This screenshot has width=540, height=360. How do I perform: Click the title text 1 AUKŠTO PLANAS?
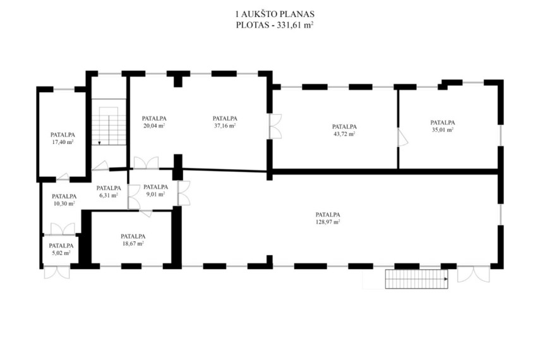point(275,14)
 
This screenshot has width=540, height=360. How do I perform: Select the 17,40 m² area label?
point(63,142)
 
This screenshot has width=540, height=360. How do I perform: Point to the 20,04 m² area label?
point(154,126)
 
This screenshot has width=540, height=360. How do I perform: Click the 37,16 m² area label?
point(225,126)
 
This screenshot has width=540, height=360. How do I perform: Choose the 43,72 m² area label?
point(344,134)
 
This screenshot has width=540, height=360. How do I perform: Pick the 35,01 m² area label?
point(443,130)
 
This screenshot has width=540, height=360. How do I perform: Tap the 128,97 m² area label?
point(328,222)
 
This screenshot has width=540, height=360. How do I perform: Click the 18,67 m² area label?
point(133,244)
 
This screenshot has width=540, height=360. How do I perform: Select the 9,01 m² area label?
point(155,194)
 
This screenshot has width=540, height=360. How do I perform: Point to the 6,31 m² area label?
point(109,195)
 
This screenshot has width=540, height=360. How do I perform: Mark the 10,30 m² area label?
point(64,203)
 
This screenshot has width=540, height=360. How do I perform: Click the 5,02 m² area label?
point(61,253)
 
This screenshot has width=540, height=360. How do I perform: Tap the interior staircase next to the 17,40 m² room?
point(109,122)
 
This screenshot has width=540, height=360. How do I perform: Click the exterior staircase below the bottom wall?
point(416,279)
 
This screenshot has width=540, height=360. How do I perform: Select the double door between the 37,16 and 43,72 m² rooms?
point(275,126)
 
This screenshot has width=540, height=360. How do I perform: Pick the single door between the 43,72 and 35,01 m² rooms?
point(402,138)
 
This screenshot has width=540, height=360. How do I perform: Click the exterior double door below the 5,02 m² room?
point(57,272)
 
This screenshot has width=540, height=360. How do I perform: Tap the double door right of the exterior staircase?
point(474,274)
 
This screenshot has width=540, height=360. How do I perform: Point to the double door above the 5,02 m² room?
point(63,229)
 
